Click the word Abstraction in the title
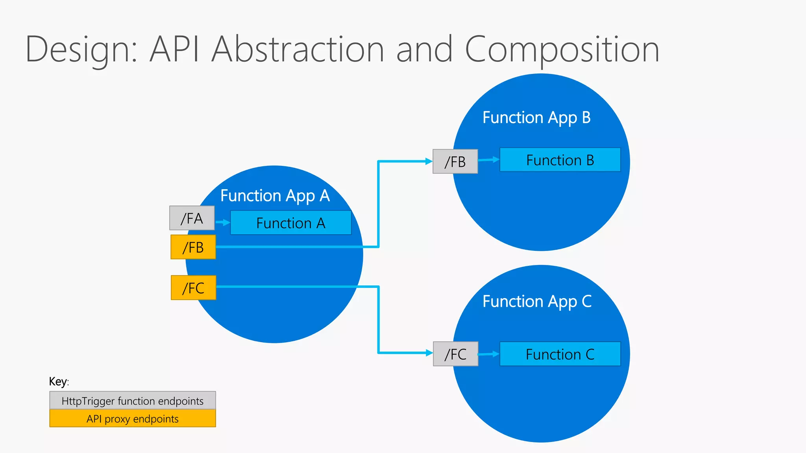tap(298, 49)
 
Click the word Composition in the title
tap(562, 50)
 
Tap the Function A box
tap(290, 223)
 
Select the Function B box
tap(560, 160)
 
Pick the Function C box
tap(560, 354)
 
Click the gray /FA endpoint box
tap(192, 218)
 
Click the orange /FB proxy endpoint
tap(193, 247)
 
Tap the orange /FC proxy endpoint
tap(193, 288)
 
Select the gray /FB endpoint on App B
tap(455, 162)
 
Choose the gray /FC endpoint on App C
tap(455, 354)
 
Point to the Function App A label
tap(275, 195)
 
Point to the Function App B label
tap(536, 118)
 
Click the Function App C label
tap(537, 302)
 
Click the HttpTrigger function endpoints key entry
tap(132, 401)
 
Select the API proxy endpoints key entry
tap(132, 419)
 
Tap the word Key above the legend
tap(58, 381)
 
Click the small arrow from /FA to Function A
tap(223, 223)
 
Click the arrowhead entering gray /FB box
tap(429, 161)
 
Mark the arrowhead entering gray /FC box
tap(429, 353)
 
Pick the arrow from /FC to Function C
tap(489, 354)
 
